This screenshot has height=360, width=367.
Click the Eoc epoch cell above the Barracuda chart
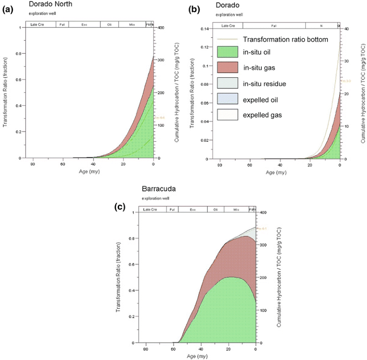tap(193, 209)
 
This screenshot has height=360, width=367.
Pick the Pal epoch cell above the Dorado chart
tap(274, 25)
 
